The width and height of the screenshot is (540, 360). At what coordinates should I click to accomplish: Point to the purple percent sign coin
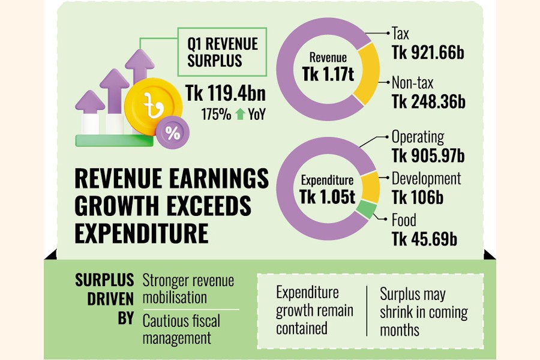tap(173, 133)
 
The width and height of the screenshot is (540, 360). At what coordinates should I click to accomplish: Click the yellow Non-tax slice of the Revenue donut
tap(366, 75)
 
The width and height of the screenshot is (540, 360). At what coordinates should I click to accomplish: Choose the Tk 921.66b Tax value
tap(428, 53)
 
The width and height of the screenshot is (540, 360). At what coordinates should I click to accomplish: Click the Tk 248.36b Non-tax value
tap(428, 101)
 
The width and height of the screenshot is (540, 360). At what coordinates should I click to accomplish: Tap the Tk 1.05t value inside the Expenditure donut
tap(328, 196)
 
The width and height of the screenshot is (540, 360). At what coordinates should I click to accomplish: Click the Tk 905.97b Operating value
tap(428, 155)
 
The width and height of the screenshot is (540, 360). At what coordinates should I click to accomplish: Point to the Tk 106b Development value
tap(418, 197)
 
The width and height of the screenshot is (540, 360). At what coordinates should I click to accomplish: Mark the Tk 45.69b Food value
tap(424, 239)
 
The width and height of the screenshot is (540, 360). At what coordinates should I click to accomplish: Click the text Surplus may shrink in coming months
tap(423, 312)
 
